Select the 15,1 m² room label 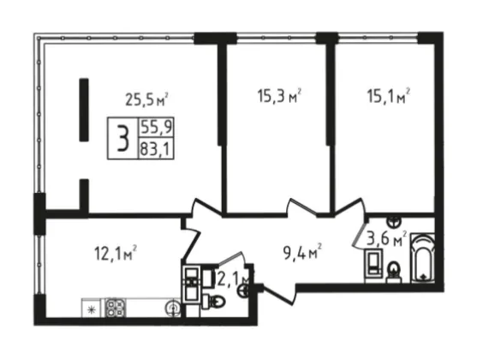coord(389,96)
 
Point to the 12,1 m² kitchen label coord(116,253)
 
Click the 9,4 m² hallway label coord(302,254)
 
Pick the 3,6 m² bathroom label coord(386,239)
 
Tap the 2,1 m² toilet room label coord(233,279)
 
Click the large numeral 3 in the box coord(123,138)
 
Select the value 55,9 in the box coord(156,127)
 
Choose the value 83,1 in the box coord(156,149)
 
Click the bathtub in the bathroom coord(422,258)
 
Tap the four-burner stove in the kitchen coord(116,308)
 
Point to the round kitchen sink coord(173,308)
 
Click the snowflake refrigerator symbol coord(91,310)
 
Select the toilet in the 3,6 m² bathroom coord(394,272)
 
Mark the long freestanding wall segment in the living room coord(84,110)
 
